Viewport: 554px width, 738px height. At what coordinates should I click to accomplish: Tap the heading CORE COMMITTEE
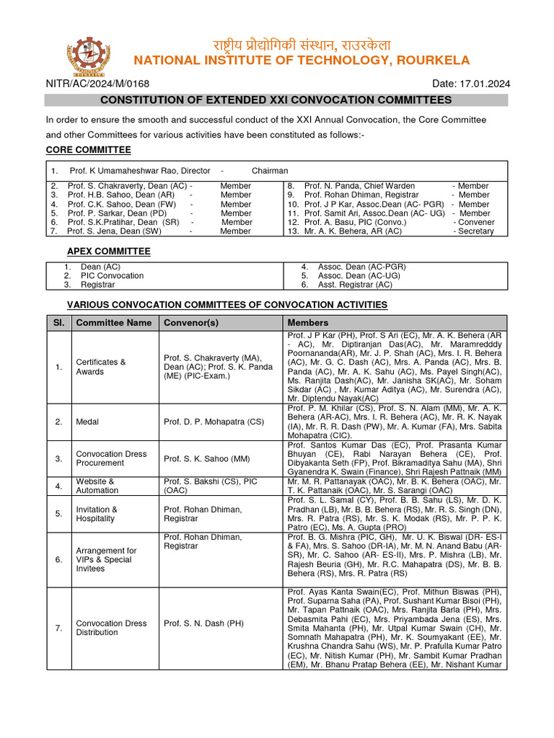[89, 150]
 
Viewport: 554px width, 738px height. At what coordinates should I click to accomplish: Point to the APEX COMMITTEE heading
[109, 252]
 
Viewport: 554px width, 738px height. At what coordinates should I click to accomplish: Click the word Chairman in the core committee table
[270, 171]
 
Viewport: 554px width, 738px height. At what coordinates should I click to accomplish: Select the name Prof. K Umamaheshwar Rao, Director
[140, 171]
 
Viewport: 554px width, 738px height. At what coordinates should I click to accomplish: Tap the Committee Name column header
[114, 323]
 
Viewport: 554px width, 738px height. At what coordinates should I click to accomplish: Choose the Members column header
[308, 323]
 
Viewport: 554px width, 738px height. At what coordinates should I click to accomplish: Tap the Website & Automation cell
[97, 486]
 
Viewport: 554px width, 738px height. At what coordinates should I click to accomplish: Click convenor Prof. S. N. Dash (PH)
[203, 623]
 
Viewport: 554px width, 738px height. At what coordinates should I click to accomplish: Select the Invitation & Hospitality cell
[97, 514]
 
